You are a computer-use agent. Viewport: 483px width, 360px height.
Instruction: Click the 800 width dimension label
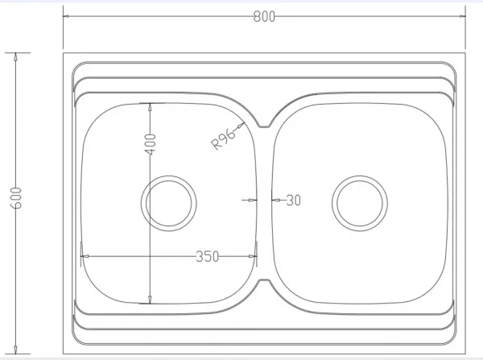[264, 16]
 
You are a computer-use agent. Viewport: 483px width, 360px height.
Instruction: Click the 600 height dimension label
[16, 198]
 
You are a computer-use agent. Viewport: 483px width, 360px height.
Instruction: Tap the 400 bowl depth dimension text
[151, 144]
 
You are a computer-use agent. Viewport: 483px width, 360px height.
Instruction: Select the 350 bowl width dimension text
[208, 256]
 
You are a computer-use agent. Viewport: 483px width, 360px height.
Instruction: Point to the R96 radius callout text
[223, 139]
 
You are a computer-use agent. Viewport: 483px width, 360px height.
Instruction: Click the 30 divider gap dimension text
[293, 201]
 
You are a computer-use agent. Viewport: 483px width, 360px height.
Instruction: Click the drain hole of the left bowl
[169, 204]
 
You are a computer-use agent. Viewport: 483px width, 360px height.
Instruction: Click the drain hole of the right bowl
[360, 204]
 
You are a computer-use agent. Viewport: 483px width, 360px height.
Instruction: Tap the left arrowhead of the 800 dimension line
[67, 16]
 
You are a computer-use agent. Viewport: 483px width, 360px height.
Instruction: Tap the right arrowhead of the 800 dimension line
[462, 16]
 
